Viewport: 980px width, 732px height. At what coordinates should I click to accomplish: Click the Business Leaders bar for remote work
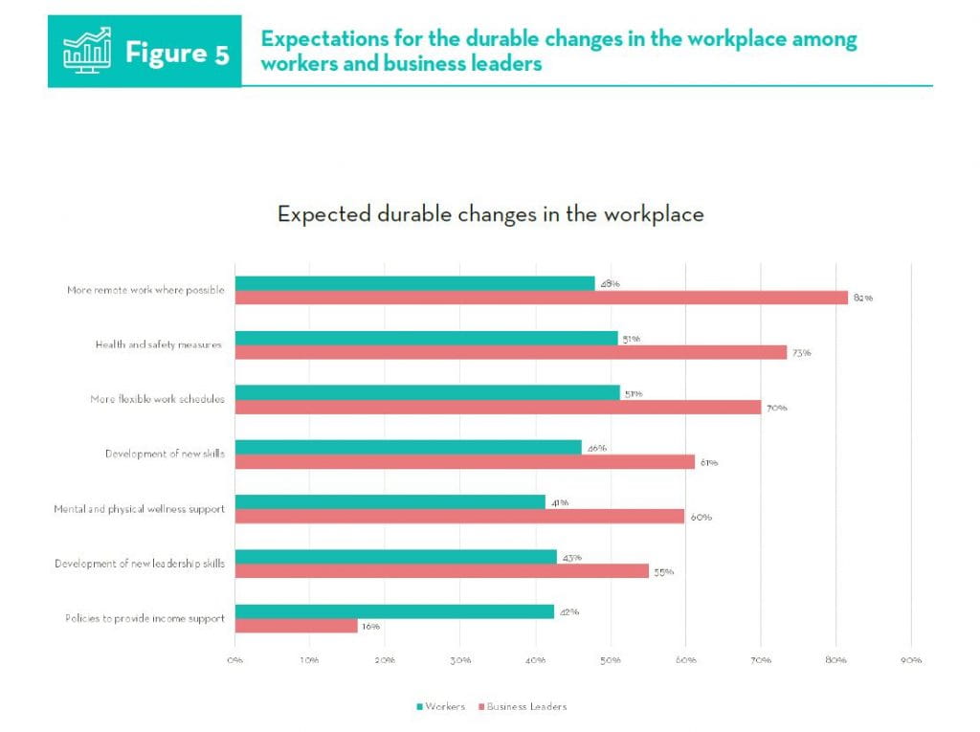[x=541, y=298]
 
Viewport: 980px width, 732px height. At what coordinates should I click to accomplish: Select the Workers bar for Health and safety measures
[x=426, y=338]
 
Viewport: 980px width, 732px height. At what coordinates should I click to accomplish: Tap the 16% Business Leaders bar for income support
[x=296, y=626]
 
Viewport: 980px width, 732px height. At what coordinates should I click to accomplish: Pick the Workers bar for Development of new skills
[x=408, y=447]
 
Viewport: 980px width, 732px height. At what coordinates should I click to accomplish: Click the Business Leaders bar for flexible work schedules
[x=498, y=408]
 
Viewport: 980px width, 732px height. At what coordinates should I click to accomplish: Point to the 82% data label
[x=863, y=299]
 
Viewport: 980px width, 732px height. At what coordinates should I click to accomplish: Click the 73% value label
[x=801, y=353]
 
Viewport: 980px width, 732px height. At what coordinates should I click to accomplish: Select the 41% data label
[x=559, y=502]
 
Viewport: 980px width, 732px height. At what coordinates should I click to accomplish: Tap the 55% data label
[x=663, y=572]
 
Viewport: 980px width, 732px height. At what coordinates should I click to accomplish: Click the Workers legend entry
[x=440, y=706]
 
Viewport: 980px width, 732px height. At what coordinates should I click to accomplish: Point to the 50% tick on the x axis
[x=611, y=660]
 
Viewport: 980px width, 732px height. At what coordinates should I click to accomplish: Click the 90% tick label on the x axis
[x=911, y=660]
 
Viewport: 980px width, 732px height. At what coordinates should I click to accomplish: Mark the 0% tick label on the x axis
[x=234, y=660]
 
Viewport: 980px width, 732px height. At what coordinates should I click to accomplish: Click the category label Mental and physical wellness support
[x=139, y=509]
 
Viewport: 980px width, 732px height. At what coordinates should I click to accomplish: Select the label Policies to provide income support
[x=145, y=618]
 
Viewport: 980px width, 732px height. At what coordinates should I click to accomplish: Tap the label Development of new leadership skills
[x=140, y=564]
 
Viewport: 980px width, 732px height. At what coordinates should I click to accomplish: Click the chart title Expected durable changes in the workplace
[x=490, y=214]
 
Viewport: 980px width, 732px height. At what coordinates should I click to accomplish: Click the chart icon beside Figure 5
[x=86, y=52]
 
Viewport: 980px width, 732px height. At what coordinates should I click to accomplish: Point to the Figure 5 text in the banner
[x=177, y=53]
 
